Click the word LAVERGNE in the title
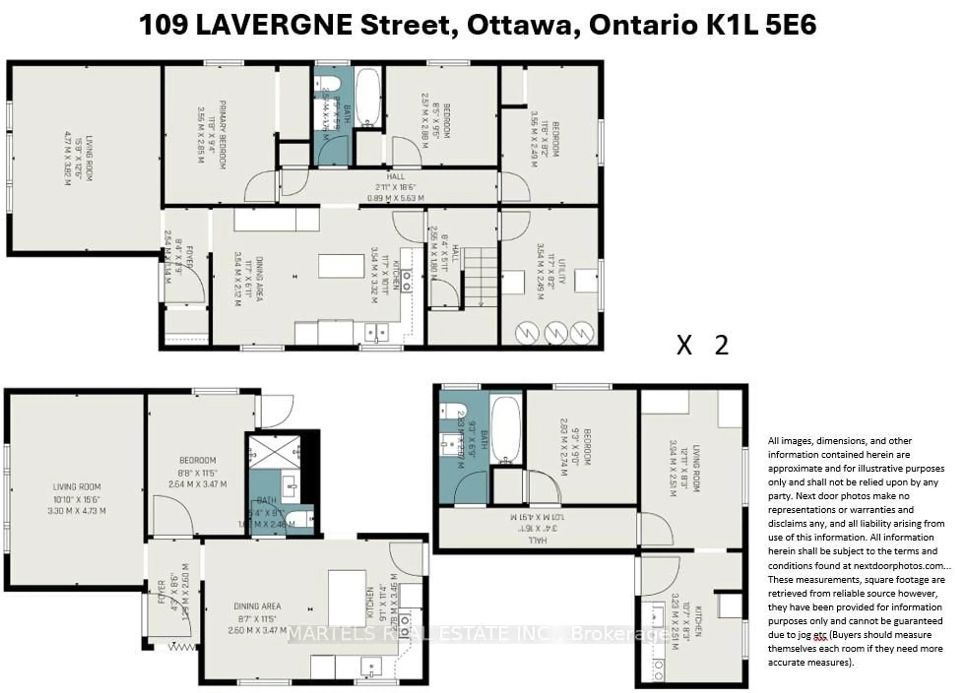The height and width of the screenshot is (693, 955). [x=274, y=25]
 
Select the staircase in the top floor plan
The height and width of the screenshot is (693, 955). [x=480, y=277]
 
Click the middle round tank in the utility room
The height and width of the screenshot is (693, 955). [x=555, y=333]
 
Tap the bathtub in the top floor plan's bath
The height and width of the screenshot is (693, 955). [x=368, y=97]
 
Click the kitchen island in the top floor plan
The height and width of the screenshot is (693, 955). [x=341, y=266]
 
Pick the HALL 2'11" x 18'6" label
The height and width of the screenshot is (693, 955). [x=395, y=187]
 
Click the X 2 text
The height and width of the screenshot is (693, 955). [x=702, y=345]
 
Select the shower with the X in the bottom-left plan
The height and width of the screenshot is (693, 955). [x=274, y=452]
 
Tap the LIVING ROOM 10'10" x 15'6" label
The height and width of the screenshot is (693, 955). [x=77, y=499]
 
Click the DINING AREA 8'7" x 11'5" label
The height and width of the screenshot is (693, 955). [x=257, y=618]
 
